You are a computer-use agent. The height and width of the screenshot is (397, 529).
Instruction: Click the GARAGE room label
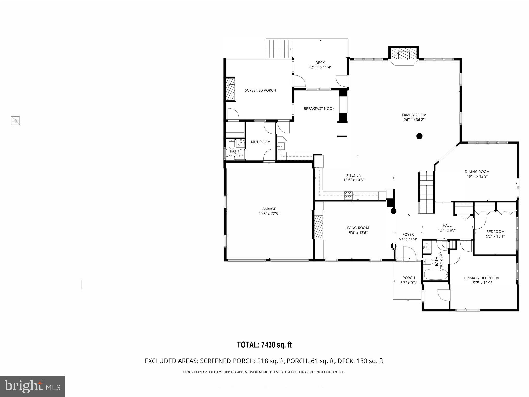coord(269,209)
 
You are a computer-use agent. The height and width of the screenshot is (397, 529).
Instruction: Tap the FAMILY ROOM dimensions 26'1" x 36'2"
coord(414,120)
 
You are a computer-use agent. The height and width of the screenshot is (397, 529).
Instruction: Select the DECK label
coord(320,63)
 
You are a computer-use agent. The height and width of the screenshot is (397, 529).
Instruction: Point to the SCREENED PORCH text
coord(260,90)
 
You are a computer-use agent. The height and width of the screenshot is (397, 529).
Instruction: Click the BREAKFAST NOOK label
coord(319,109)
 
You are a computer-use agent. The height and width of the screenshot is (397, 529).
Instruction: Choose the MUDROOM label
coord(261,142)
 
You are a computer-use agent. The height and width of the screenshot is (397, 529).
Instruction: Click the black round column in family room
coord(419,136)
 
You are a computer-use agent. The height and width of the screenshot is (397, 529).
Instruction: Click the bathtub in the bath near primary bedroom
coord(435,275)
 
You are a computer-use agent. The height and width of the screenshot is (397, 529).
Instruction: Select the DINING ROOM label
coord(477,172)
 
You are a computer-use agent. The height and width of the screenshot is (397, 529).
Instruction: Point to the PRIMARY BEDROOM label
coord(481,278)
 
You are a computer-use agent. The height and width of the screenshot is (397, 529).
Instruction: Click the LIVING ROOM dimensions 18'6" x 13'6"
coord(357,233)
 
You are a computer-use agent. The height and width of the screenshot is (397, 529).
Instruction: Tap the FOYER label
coord(408,235)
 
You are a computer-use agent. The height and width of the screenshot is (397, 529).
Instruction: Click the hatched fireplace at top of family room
coord(403,55)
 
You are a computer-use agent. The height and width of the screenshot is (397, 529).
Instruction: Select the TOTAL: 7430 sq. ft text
coord(264,345)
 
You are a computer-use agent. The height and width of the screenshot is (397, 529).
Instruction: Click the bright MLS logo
coord(32,386)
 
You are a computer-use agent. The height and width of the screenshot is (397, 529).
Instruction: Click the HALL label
coord(447,225)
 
